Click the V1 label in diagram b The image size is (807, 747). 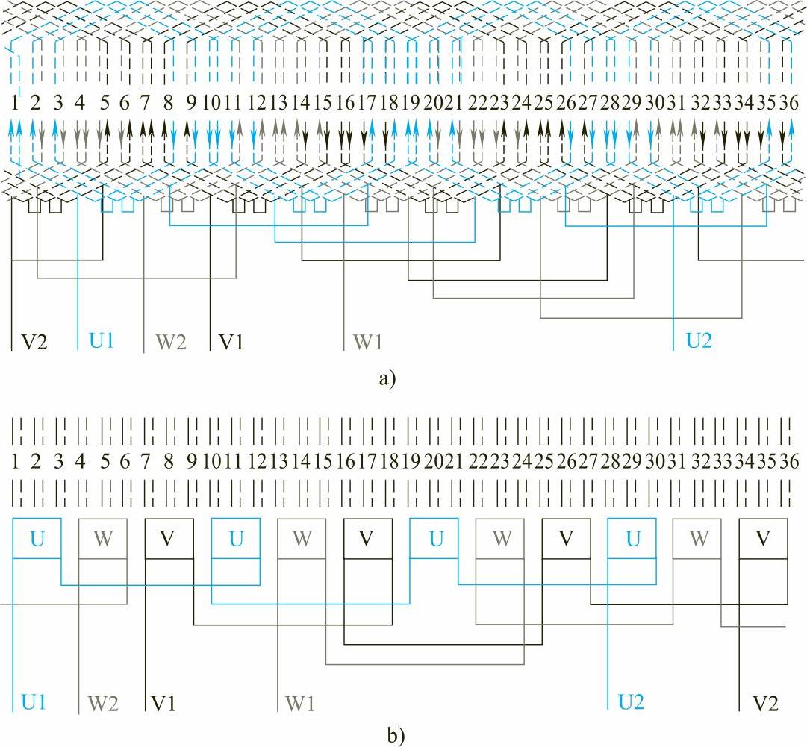tap(164, 703)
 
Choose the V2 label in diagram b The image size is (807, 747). tap(767, 703)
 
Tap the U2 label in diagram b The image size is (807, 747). tap(632, 702)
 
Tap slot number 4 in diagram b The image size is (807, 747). tap(80, 461)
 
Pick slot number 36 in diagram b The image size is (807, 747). tap(788, 461)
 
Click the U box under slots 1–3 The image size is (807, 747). tap(37, 539)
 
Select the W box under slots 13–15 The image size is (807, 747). tap(302, 539)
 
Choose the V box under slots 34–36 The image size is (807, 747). tap(762, 539)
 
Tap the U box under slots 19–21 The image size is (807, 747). tap(434, 539)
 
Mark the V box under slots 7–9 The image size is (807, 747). tap(169, 539)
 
